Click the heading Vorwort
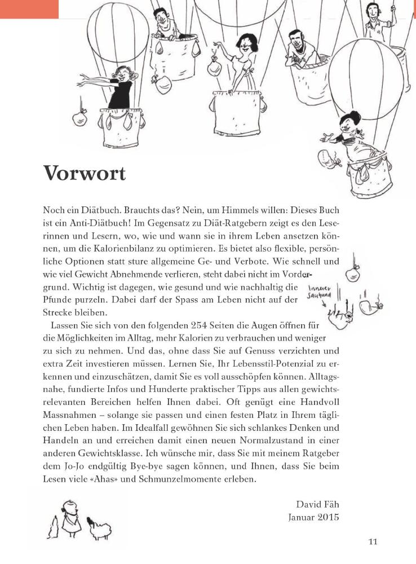click(x=84, y=174)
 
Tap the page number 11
click(x=372, y=542)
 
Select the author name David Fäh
click(x=317, y=504)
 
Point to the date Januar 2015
click(x=313, y=517)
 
